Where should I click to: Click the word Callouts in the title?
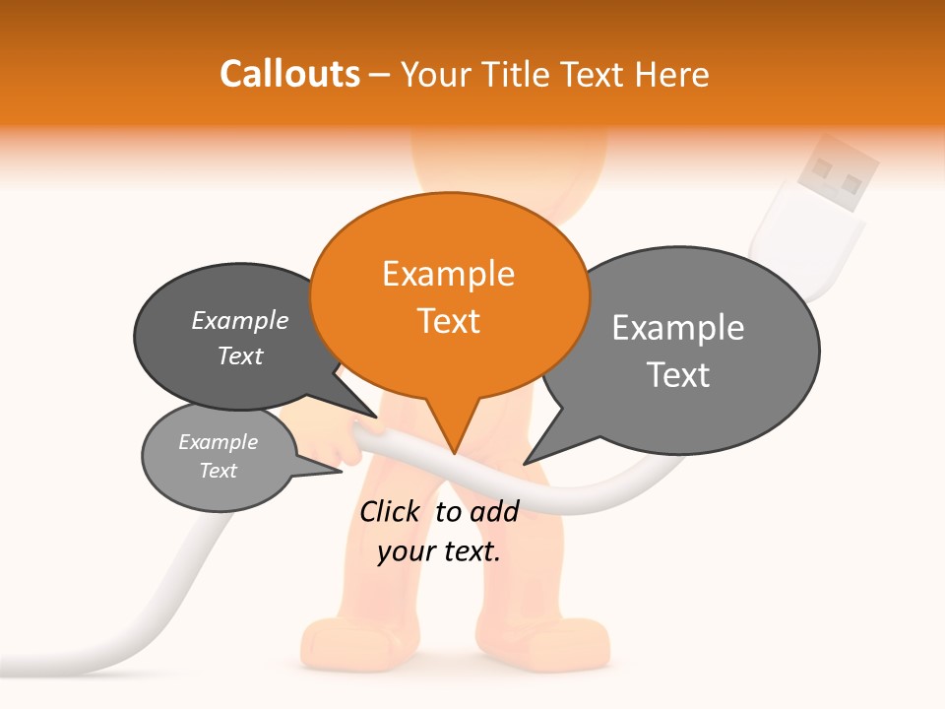point(289,74)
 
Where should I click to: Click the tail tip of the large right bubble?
point(525,463)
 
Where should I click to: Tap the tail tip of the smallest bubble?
point(341,472)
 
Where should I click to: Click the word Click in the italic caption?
point(389,511)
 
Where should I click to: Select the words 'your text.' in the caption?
point(439,551)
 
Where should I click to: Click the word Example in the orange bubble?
point(448,274)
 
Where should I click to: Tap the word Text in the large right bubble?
point(678,375)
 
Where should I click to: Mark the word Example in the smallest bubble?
point(218,442)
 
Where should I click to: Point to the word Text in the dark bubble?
point(240,355)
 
